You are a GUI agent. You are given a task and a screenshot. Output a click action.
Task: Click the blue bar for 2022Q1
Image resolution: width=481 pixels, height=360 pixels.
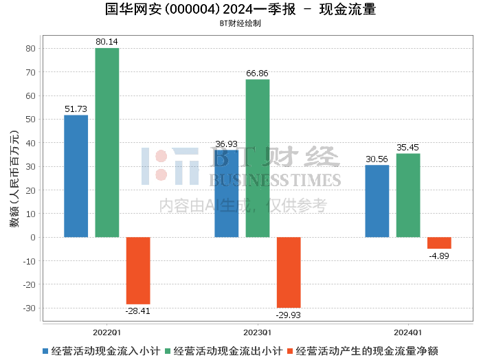coord(76,176)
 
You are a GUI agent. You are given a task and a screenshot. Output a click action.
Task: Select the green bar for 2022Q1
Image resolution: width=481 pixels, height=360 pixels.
coord(107,143)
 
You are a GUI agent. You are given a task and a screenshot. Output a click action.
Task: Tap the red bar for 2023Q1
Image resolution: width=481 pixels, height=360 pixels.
coord(289,272)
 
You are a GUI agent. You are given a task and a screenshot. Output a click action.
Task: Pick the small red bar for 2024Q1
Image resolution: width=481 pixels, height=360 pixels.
coord(439,243)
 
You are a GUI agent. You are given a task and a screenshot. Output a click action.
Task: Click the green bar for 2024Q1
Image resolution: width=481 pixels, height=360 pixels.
coord(408,195)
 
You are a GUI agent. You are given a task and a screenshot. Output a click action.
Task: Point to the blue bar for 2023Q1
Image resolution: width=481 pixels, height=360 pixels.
coord(226,194)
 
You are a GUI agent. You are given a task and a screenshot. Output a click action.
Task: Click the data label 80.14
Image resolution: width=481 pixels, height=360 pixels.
coord(107,42)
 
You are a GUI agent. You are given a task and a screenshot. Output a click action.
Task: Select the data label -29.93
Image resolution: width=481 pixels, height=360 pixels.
coord(289,315)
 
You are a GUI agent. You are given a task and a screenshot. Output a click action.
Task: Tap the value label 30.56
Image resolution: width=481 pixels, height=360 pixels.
coord(377,159)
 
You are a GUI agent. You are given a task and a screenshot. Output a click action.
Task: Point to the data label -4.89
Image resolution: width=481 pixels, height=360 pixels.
coord(439,256)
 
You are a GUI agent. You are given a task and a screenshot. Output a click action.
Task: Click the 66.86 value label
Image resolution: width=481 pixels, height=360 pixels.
coord(257,74)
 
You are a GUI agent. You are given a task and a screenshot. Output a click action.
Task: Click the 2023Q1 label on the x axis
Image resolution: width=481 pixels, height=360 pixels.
coord(258,333)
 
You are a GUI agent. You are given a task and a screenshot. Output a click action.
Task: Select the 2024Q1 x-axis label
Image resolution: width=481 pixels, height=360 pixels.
coord(408,333)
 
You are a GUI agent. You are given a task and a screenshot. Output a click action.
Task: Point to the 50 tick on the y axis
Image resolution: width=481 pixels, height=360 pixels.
coord(31,120)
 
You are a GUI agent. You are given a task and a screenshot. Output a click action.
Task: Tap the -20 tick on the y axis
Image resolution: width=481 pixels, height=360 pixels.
coord(29,284)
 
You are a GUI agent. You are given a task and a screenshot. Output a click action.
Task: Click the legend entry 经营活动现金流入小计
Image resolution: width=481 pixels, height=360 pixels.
coord(102,351)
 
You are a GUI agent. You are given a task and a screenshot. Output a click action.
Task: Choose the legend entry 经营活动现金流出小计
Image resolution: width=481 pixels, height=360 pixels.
coord(223,351)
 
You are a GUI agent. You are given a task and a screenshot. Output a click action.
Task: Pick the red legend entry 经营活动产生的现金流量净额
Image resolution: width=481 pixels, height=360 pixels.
coord(363,351)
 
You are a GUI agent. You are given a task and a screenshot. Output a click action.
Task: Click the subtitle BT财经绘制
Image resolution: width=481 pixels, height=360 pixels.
coord(240,23)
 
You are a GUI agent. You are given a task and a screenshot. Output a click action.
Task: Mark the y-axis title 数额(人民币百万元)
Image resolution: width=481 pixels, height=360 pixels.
coord(14,179)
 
